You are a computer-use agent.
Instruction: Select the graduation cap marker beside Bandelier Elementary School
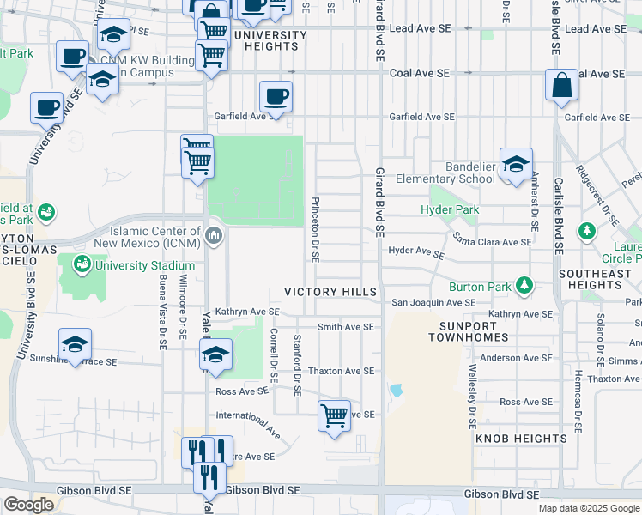coord(516,164)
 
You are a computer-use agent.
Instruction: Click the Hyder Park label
coord(450,209)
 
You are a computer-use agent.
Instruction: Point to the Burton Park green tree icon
coord(522,286)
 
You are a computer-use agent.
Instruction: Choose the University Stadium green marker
coord(82,264)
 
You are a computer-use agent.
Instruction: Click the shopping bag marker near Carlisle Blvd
coord(561,86)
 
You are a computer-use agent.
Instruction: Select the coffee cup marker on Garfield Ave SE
coord(276,97)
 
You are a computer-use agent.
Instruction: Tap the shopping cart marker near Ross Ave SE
coord(333,416)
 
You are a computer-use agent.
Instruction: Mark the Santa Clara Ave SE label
coord(493,243)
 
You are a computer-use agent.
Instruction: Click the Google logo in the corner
coord(28,505)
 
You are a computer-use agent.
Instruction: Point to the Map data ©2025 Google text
coord(588,508)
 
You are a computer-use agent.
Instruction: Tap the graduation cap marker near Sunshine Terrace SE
coord(76,345)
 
